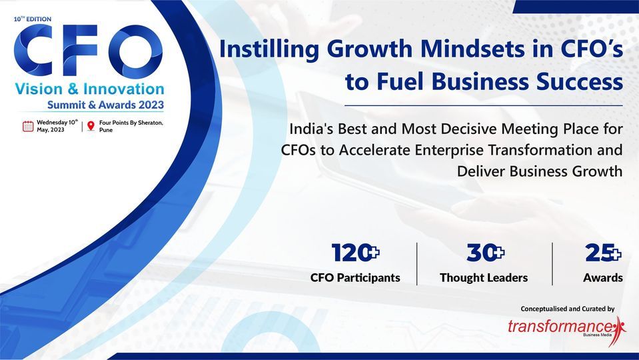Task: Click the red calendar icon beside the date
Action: click(x=28, y=126)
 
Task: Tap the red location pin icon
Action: click(x=91, y=126)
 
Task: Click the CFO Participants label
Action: click(x=355, y=277)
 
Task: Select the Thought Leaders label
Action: click(x=484, y=277)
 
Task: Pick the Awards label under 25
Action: click(x=603, y=277)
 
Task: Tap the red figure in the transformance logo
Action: click(x=620, y=325)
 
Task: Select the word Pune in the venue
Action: click(x=106, y=131)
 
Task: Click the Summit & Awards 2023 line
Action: click(x=105, y=105)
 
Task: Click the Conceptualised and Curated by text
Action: click(x=567, y=309)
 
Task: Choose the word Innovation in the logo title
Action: click(x=127, y=89)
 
